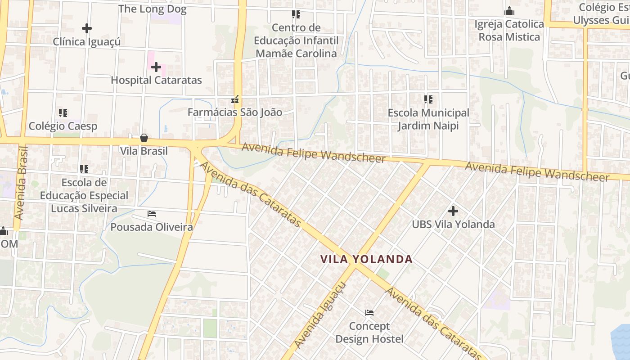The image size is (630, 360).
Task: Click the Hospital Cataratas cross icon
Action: [156, 67]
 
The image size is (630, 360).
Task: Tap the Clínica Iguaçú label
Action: [87, 42]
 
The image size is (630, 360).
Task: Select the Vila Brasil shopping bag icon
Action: [144, 138]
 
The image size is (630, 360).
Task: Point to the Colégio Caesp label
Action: [63, 126]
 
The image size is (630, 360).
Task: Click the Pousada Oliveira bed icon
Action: [152, 213]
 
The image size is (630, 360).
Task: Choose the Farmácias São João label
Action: [235, 112]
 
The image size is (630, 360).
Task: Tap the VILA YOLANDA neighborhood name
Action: [366, 259]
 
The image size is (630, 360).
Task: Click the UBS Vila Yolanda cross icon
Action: [453, 211]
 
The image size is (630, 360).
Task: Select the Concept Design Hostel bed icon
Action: [369, 312]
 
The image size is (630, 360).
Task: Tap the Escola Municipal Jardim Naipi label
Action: [428, 119]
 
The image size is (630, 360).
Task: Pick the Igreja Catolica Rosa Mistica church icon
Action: [509, 11]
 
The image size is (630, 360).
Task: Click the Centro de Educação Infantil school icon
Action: [296, 14]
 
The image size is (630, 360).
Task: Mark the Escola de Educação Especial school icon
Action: [84, 169]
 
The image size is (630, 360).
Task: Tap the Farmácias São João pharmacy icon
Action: [234, 99]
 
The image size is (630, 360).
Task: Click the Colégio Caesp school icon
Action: [63, 112]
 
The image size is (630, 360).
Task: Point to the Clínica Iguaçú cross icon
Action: [87, 28]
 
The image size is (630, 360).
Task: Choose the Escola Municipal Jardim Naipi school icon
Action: [428, 99]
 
